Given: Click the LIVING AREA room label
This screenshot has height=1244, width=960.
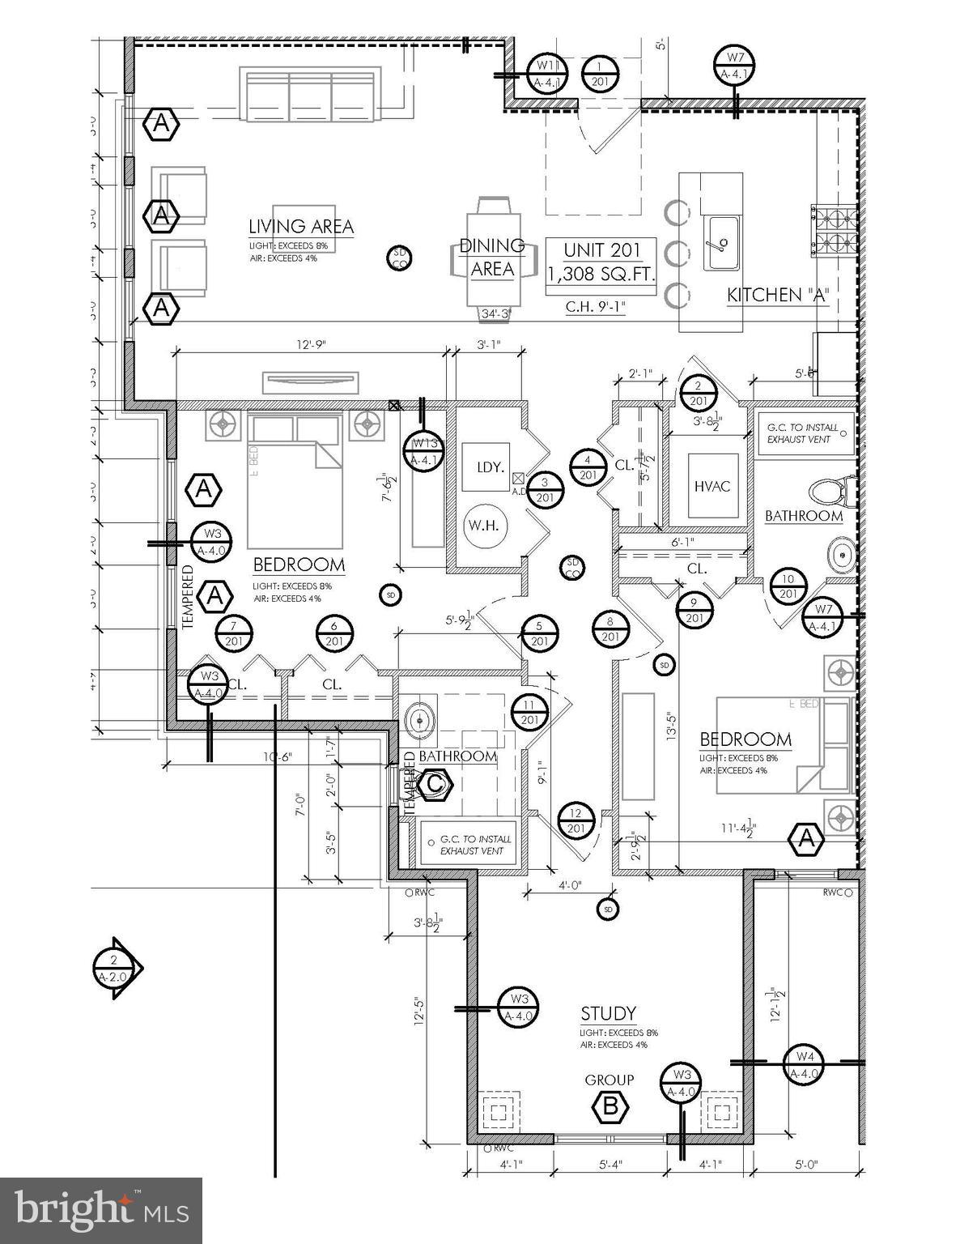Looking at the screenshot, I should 300,226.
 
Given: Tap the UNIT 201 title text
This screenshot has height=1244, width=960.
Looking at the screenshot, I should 601,249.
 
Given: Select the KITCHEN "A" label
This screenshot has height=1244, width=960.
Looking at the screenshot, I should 778,295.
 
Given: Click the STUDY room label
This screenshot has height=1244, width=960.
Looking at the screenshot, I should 608,1013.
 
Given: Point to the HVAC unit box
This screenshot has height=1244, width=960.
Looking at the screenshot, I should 712,485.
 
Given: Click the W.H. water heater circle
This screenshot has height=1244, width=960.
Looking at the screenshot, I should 486,525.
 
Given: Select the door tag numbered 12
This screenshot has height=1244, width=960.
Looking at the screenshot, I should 576,820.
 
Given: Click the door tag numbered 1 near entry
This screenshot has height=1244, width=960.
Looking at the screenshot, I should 600,74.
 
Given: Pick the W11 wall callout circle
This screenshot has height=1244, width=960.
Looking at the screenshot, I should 547,74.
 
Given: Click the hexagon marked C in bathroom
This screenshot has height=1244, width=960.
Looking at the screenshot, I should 434,783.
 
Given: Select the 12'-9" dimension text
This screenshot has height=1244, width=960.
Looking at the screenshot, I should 309,344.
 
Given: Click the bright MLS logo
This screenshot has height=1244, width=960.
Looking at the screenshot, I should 101,1210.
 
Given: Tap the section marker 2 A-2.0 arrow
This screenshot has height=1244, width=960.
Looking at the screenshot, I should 116,969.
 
